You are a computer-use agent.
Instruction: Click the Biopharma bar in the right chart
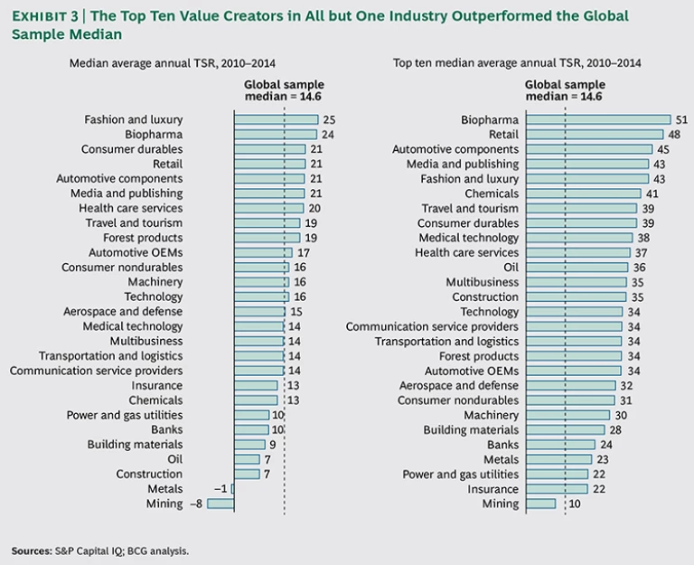[x=598, y=119]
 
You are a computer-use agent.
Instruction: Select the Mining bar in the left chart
[x=220, y=504]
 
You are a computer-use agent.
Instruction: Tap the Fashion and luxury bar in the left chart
[x=277, y=119]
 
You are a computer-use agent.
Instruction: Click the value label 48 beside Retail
[x=673, y=134]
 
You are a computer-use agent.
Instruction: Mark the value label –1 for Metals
[x=220, y=489]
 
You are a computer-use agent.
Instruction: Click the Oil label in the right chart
[x=511, y=268]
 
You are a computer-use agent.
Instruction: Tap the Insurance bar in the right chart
[x=557, y=489]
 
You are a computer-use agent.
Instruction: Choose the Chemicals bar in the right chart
[x=584, y=193]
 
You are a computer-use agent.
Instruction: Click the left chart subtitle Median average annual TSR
[x=173, y=63]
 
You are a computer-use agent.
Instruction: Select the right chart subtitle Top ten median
[x=517, y=63]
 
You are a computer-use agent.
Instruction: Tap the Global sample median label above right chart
[x=564, y=91]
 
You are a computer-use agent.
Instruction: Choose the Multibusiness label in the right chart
[x=483, y=282]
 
